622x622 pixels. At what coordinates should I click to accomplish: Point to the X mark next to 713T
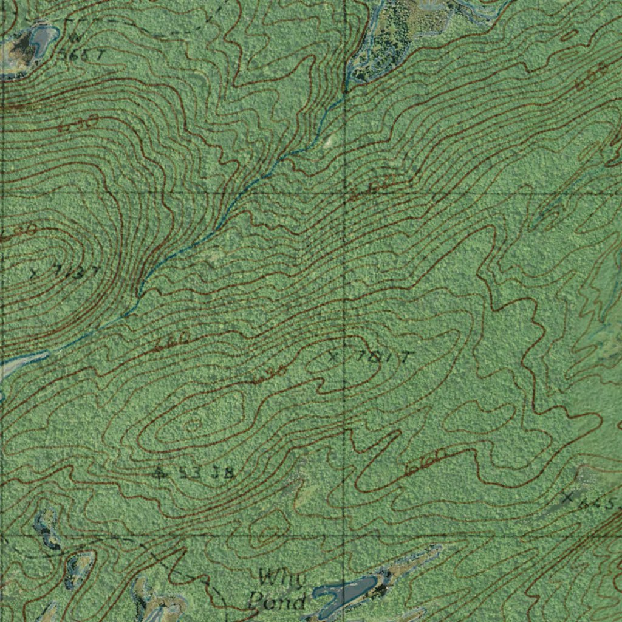click(x=35, y=272)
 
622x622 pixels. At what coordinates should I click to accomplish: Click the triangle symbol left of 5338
click(x=160, y=472)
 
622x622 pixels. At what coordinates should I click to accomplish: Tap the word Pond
click(x=276, y=602)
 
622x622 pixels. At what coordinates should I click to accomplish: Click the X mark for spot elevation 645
click(x=567, y=498)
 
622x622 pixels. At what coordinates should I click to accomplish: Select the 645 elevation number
click(x=596, y=503)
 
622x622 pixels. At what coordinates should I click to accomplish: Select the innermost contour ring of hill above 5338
click(x=194, y=424)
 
